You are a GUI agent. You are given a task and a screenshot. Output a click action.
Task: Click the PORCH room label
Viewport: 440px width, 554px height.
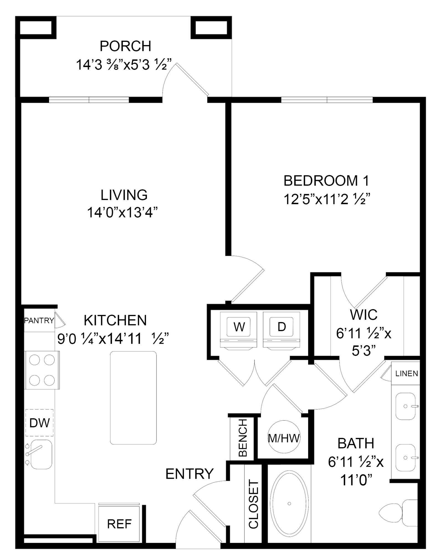pyautogui.click(x=126, y=46)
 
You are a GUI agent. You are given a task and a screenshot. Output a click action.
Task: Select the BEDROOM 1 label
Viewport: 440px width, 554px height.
pyautogui.click(x=326, y=181)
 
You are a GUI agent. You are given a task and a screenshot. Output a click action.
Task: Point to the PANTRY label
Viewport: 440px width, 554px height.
pyautogui.click(x=39, y=321)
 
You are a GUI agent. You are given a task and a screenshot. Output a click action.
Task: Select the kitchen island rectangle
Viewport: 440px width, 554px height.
pyautogui.click(x=133, y=398)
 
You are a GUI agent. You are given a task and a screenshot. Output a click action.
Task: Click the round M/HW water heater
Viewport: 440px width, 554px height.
pyautogui.click(x=283, y=438)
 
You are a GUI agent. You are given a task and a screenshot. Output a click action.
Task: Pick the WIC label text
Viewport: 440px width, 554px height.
pyautogui.click(x=364, y=314)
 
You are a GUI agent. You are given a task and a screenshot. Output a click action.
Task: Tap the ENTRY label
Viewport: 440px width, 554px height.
pyautogui.click(x=189, y=473)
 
